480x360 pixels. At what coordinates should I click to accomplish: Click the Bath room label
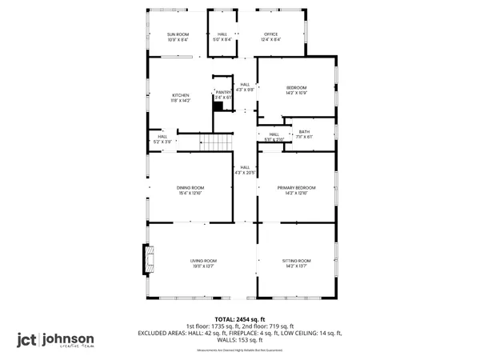click(304, 134)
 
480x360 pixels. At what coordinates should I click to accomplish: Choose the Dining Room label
click(190, 190)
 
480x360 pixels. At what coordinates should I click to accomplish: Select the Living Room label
click(203, 263)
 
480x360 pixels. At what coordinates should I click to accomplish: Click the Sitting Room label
click(296, 263)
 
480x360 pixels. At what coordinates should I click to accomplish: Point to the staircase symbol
click(214, 143)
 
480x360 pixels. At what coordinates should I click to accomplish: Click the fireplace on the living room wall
click(146, 258)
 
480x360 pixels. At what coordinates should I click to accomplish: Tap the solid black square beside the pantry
click(217, 104)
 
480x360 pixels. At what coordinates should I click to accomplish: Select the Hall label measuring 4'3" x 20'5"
click(244, 170)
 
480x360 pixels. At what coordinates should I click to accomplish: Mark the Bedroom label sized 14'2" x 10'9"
click(296, 90)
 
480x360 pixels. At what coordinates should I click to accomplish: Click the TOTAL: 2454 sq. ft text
click(240, 319)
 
